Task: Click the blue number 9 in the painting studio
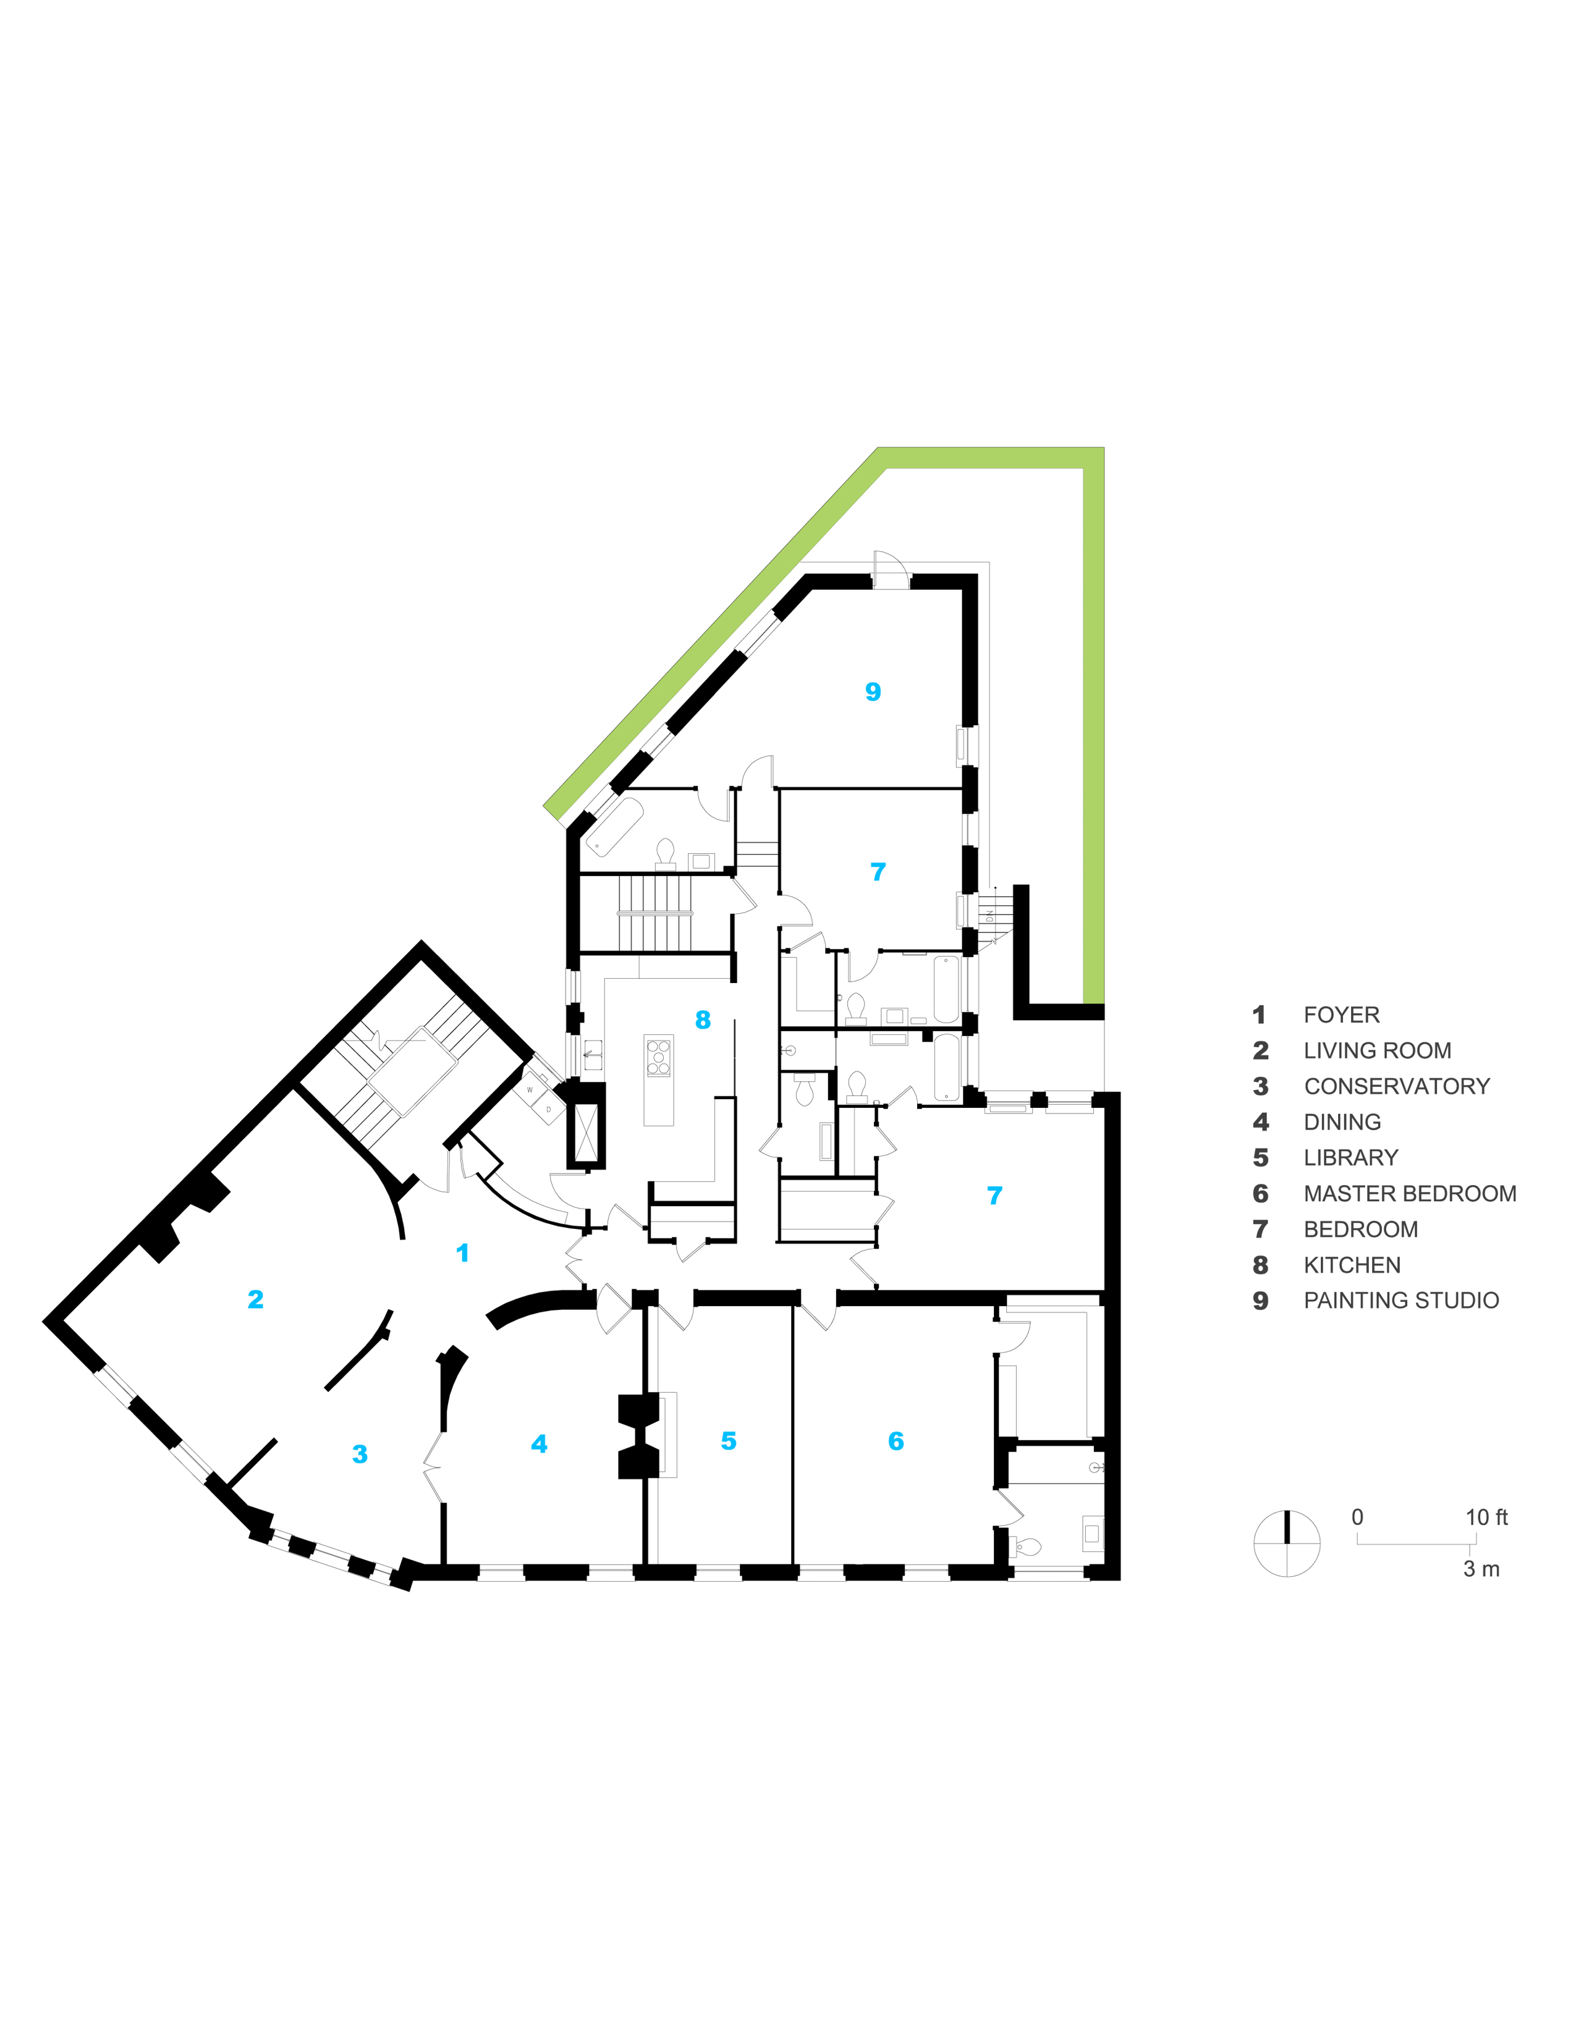[873, 692]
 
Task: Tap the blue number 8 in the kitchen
[703, 1021]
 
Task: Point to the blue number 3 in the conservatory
[360, 1454]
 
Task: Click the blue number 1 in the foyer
[462, 1253]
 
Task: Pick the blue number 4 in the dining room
[539, 1445]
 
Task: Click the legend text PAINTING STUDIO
[1400, 1301]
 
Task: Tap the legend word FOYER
[1341, 1015]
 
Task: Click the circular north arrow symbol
[1287, 1543]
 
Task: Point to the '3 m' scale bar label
[1481, 1569]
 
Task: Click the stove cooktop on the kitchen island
[658, 1057]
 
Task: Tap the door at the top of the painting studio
[890, 570]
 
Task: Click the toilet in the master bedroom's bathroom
[1028, 1548]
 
